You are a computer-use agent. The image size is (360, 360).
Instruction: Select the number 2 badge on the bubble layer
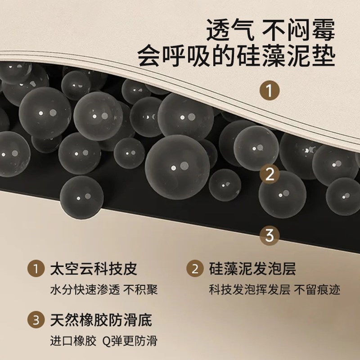click(x=270, y=174)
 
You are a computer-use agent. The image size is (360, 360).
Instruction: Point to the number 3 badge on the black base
click(x=270, y=234)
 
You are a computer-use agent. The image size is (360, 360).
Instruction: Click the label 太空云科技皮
click(x=94, y=269)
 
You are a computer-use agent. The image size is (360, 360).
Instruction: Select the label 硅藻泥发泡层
click(x=252, y=269)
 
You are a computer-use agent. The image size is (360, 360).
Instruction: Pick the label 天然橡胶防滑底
click(x=101, y=320)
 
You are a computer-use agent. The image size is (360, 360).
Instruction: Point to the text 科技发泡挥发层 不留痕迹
click(x=274, y=289)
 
